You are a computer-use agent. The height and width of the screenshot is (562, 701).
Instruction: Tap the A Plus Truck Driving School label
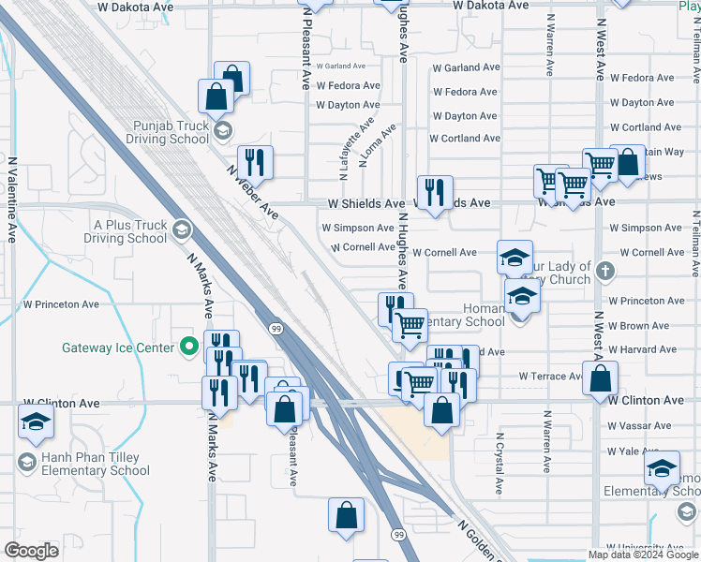click(129, 231)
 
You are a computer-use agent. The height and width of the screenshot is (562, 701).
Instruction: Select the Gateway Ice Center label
click(118, 348)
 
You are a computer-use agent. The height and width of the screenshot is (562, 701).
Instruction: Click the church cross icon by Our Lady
click(605, 273)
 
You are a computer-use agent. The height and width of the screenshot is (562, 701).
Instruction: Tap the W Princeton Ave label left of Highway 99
click(61, 304)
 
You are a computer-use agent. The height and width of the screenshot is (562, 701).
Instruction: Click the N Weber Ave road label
click(252, 191)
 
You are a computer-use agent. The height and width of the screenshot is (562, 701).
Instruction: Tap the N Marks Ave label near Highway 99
click(200, 275)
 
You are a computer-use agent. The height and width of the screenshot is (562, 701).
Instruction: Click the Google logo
click(31, 551)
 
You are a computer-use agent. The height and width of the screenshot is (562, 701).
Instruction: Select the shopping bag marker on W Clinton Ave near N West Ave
click(600, 379)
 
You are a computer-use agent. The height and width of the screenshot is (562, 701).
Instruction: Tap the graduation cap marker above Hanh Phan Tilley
click(36, 422)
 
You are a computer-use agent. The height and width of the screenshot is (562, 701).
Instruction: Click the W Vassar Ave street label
click(639, 425)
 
